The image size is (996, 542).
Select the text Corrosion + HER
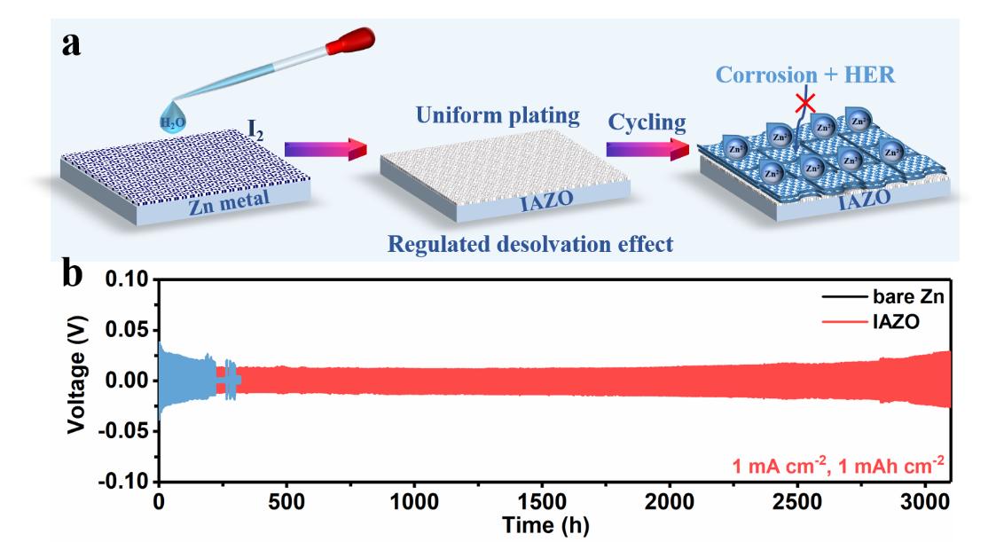click(806, 76)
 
